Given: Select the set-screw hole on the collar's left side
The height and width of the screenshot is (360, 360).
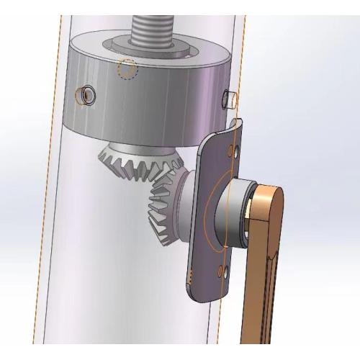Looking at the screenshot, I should click(88, 94).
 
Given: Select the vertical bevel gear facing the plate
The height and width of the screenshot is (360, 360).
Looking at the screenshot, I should click(162, 209).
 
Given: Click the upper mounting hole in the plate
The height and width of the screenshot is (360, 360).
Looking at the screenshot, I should click(230, 152).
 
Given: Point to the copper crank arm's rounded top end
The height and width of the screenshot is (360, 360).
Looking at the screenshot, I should click(270, 198).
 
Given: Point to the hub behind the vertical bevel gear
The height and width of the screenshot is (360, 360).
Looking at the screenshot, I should click(186, 202).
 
